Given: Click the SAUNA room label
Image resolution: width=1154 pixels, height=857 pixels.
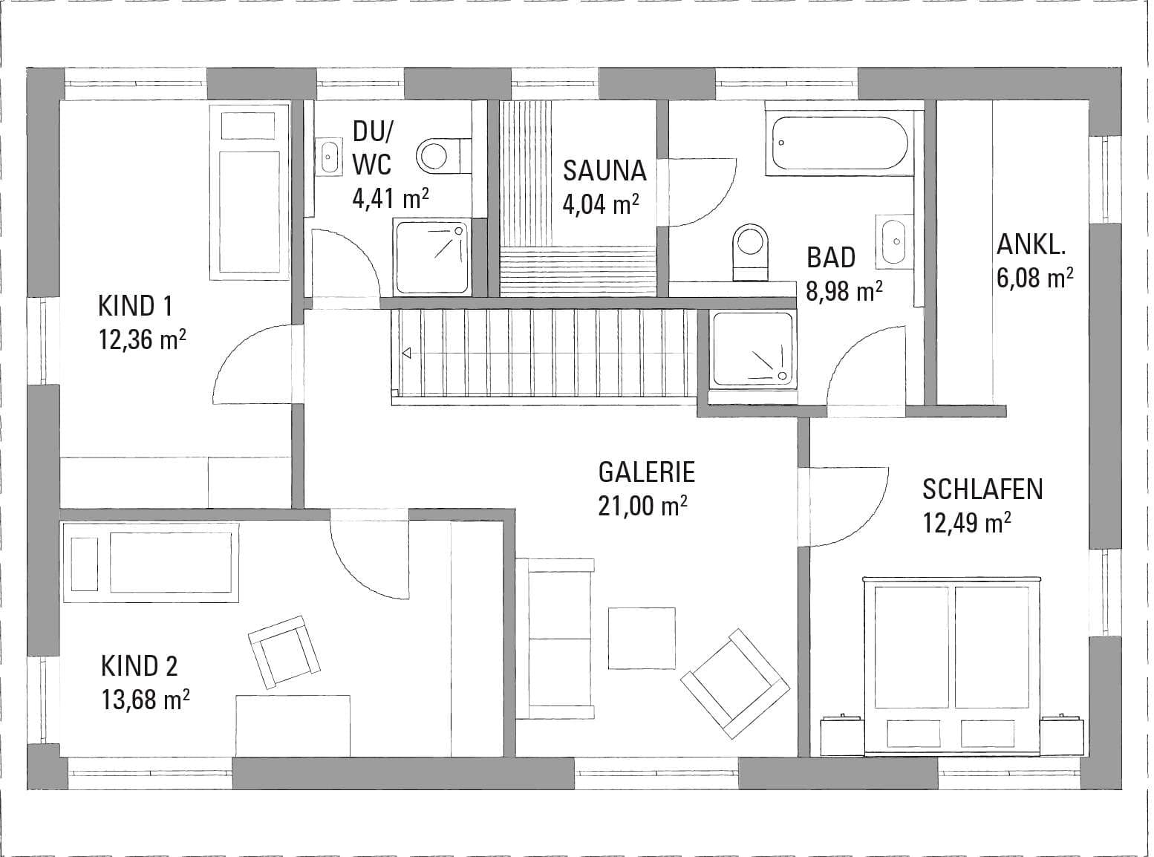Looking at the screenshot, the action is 604,171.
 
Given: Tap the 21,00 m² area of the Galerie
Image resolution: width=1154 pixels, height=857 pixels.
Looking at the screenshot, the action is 642,506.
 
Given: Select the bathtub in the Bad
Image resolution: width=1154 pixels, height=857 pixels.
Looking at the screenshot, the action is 840,143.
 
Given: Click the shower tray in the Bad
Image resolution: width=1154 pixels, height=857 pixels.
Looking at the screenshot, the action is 753,350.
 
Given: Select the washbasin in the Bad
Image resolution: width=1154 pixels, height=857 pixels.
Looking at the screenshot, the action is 894,241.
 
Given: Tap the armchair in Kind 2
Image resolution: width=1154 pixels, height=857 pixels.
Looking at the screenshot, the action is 284,653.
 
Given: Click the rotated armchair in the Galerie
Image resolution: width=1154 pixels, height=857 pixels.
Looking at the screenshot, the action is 735,683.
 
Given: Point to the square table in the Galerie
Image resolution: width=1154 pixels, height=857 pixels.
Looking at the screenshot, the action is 642,638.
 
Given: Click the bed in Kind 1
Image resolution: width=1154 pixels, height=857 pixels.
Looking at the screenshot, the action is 250,192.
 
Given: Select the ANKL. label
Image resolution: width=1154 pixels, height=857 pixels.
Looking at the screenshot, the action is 1031,244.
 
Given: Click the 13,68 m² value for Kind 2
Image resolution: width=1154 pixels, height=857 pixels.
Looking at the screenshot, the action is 145,700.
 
